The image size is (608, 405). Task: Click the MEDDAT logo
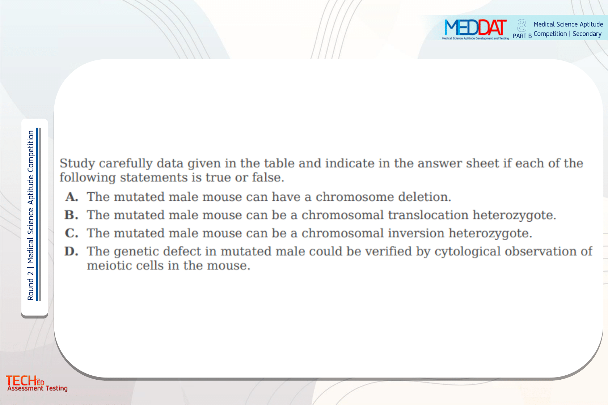click(475, 29)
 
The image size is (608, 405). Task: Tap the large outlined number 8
click(522, 26)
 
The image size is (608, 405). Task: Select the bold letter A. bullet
click(72, 197)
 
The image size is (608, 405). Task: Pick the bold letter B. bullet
click(71, 215)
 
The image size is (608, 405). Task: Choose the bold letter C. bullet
click(72, 233)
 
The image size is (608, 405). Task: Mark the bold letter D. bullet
click(71, 251)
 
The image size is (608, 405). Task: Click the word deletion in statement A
click(425, 197)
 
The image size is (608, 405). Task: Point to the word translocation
click(428, 215)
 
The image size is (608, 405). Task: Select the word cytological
click(468, 252)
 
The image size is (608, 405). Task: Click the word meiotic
click(109, 265)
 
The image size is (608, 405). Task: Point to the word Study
click(77, 163)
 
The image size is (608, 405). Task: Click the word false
click(268, 177)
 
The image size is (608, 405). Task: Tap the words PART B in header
click(522, 36)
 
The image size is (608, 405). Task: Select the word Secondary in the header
click(587, 34)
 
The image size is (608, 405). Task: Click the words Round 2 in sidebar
click(31, 285)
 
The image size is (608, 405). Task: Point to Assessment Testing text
click(38, 388)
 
